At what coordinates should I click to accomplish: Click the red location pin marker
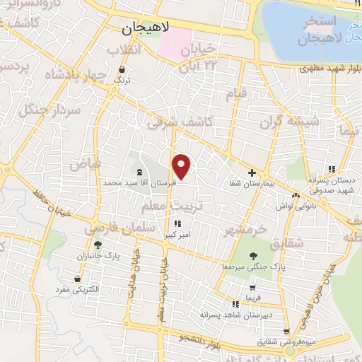pos(182,166)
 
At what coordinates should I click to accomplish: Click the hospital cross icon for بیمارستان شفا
pos(252,173)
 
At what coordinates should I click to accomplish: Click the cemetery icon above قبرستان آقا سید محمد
pos(139,172)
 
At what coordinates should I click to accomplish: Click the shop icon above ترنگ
pos(124,70)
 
